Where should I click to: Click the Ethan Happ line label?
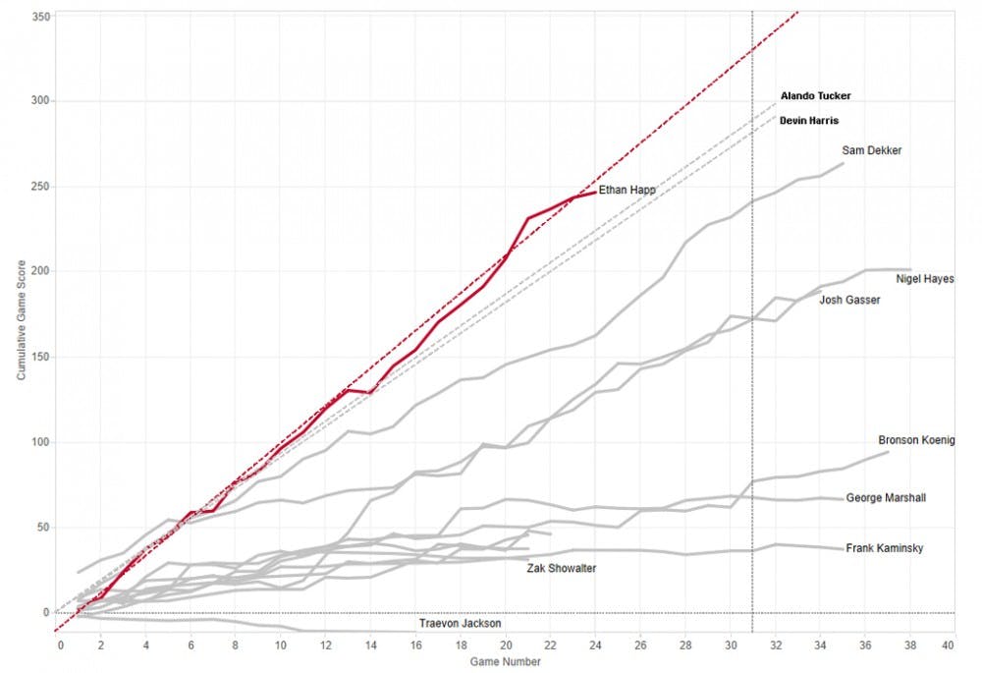pyautogui.click(x=627, y=190)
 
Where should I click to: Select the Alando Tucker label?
pyautogui.click(x=815, y=96)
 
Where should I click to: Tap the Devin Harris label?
pyautogui.click(x=809, y=121)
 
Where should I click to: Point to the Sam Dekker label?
pyautogui.click(x=872, y=150)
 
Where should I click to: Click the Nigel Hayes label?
pyautogui.click(x=925, y=280)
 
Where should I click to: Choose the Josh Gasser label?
pyautogui.click(x=849, y=300)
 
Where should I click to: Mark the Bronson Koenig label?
pyautogui.click(x=916, y=440)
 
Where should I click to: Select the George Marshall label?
pyautogui.click(x=886, y=498)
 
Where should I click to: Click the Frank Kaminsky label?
pyautogui.click(x=885, y=548)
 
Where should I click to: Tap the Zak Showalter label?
pyautogui.click(x=562, y=568)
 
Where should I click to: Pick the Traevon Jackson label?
pyautogui.click(x=461, y=624)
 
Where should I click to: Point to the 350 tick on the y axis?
pyautogui.click(x=40, y=16)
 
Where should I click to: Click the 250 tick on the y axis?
pyautogui.click(x=40, y=187)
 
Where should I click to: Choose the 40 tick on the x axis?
pyautogui.click(x=949, y=645)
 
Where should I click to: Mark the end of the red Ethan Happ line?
pyautogui.click(x=595, y=193)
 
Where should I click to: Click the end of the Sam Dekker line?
pyautogui.click(x=843, y=163)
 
